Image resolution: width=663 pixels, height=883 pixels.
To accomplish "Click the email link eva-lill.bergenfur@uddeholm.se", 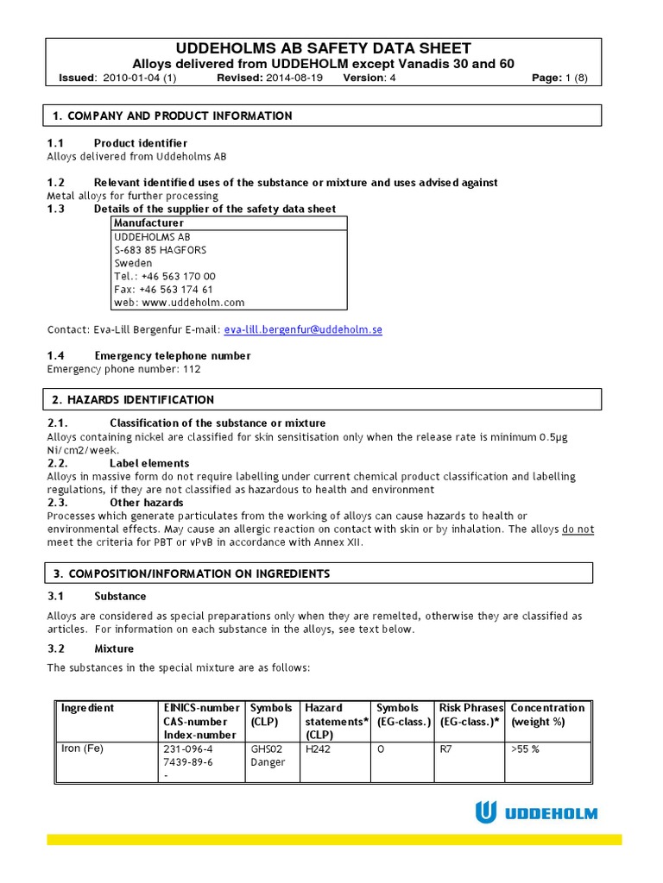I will (x=303, y=329).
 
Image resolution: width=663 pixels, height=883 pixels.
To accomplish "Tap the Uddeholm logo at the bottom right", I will (x=536, y=812).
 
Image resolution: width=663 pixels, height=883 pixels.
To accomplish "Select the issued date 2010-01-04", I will (x=127, y=78).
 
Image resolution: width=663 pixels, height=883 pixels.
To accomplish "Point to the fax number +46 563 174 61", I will (x=176, y=290).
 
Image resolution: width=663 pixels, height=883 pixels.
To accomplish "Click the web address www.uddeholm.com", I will (x=193, y=303).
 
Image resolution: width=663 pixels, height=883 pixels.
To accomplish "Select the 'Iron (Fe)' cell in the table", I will (x=82, y=748).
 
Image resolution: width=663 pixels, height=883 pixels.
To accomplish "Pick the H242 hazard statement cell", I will (x=319, y=749).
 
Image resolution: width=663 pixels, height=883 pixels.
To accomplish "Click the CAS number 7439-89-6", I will (x=188, y=762).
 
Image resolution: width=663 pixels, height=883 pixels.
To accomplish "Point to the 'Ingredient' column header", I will (x=87, y=708).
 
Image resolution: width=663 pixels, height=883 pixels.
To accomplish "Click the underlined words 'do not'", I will (x=578, y=529).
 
